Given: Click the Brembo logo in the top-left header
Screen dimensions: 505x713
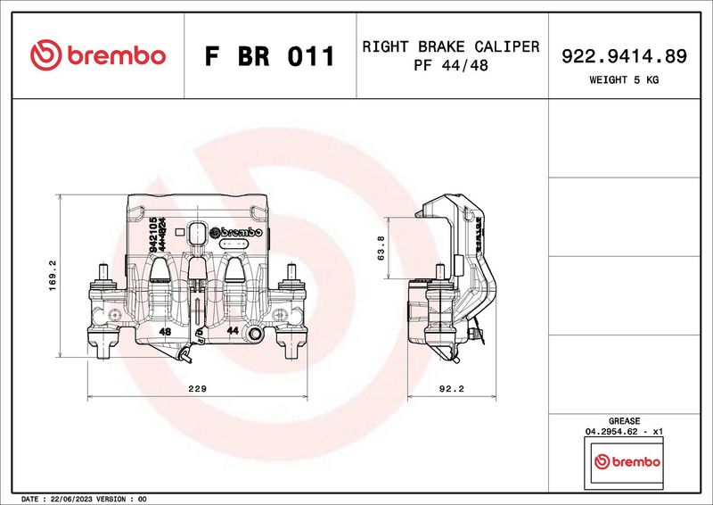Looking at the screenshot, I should (98, 55).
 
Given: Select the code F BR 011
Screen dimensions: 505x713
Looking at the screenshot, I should (269, 56).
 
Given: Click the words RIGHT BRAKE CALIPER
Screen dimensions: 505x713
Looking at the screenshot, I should (450, 46).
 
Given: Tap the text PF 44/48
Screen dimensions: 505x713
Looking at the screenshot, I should (450, 67).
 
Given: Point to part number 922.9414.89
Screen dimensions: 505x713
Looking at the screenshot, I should (624, 56).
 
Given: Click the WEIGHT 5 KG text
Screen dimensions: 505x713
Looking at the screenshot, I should (624, 79).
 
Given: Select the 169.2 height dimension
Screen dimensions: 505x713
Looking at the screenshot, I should (52, 274).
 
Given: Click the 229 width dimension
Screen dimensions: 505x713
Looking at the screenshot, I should (198, 389).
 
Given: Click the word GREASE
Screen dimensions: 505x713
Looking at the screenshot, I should (624, 420).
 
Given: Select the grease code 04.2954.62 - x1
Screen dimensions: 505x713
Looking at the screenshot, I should (624, 431).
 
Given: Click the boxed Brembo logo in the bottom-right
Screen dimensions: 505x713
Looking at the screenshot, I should (627, 462).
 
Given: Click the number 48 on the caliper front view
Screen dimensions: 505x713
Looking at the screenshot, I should (165, 331).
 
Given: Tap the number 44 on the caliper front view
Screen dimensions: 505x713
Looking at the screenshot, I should (232, 331).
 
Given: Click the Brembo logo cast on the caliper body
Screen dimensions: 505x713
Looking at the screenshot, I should (236, 232).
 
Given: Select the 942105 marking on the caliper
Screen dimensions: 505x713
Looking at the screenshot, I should (153, 235).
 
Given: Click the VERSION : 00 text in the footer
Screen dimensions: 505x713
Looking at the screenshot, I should (125, 499).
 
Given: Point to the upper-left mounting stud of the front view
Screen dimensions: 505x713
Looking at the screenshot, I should (104, 272).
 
